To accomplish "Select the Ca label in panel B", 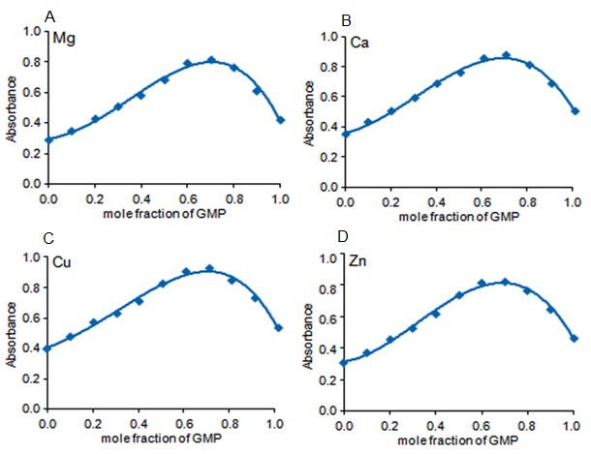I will coord(354,43).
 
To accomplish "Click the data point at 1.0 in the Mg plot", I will coord(281,120).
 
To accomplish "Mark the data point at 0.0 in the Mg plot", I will coord(47,139).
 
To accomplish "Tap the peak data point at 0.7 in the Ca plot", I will coord(506,55).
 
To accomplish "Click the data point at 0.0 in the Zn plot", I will coord(344,362).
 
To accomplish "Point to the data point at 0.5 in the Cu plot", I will coord(163,284).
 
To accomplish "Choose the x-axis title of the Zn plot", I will coord(457,440).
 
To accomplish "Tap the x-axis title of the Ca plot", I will coord(458,218).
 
